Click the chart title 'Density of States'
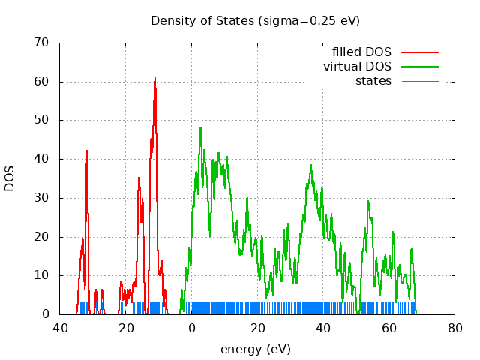click(255, 20)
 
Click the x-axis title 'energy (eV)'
click(255, 349)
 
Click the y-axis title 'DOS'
click(10, 178)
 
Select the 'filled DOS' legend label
click(361, 52)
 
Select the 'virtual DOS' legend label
click(357, 67)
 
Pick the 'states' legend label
click(373, 81)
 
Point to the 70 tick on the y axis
click(43, 43)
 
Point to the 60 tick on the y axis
click(43, 82)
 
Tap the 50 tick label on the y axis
click(43, 120)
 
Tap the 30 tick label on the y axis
click(43, 198)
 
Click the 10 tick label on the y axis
click(43, 275)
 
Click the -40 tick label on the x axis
click(59, 328)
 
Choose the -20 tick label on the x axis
click(125, 328)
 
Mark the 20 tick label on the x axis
click(257, 328)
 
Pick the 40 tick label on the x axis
click(323, 328)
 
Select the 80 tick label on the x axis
click(455, 328)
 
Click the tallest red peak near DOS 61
click(155, 78)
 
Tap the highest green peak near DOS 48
click(200, 127)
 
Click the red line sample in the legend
click(419, 52)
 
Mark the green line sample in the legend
click(419, 67)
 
